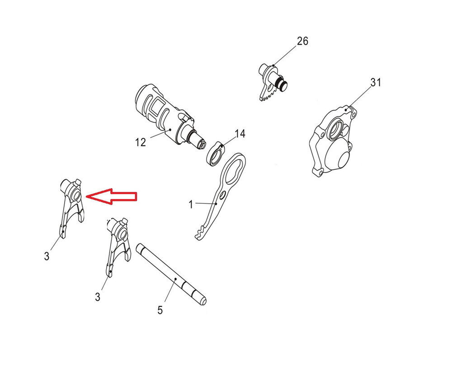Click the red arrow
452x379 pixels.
coord(111,197)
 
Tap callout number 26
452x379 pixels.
coord(302,41)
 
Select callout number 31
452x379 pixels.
coord(376,82)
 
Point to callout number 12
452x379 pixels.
coord(141,142)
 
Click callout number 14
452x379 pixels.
coord(240,134)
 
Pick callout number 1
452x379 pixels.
coord(191,205)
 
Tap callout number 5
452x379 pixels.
coord(160,310)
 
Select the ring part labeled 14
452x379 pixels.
coord(215,154)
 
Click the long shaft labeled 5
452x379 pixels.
coord(171,275)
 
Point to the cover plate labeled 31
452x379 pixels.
coord(333,141)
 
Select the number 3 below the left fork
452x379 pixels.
coord(47,256)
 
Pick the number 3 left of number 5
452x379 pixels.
coord(98,297)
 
